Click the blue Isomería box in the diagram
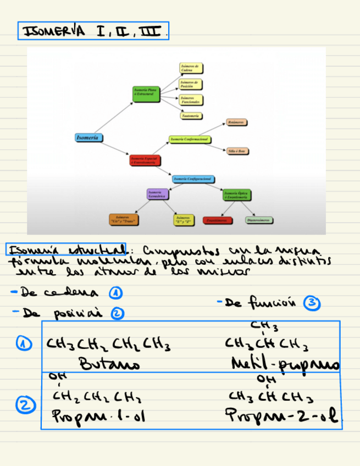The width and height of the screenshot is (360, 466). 89,137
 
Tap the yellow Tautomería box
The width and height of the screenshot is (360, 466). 191,115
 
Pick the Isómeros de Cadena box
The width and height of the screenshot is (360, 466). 191,68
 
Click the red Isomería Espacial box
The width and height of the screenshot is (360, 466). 145,160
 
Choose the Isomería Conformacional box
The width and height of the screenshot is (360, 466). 190,140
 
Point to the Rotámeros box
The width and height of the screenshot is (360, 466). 236,122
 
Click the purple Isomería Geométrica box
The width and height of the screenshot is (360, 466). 157,194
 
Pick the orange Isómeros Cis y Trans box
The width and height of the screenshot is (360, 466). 123,220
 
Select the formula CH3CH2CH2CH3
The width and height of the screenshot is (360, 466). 108,345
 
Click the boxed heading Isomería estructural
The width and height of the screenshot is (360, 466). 65,249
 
